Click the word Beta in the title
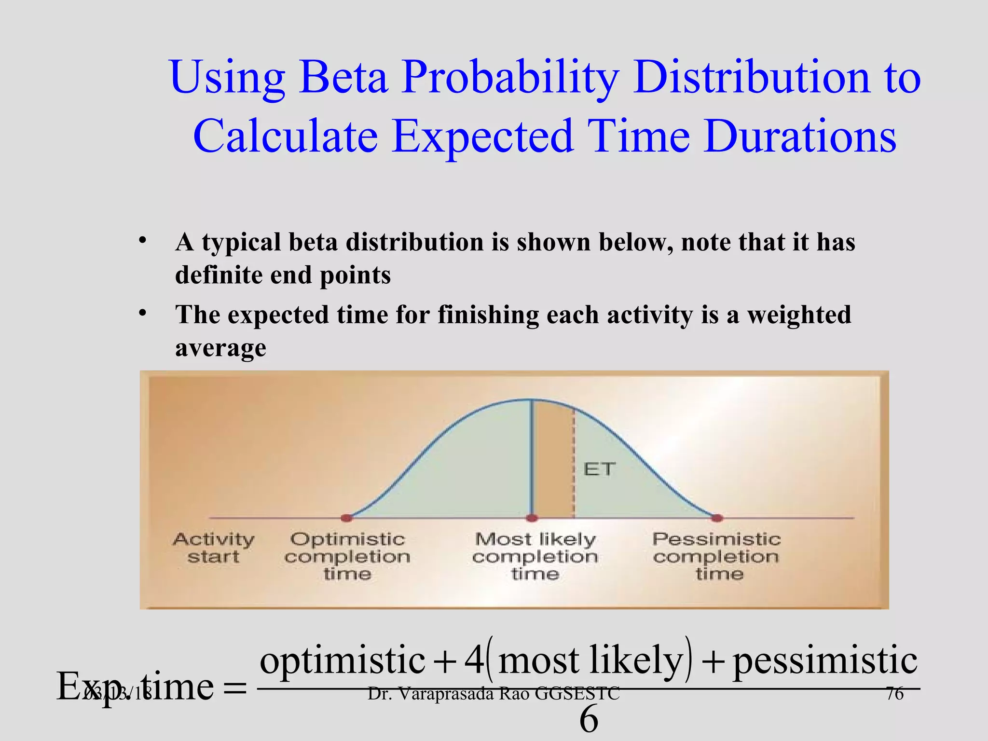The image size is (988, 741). tap(343, 77)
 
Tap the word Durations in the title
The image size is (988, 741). tap(799, 136)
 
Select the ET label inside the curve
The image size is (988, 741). tap(599, 469)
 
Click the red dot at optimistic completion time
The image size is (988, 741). tap(346, 518)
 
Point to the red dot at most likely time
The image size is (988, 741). tap(532, 518)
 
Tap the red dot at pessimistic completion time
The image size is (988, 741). tap(717, 518)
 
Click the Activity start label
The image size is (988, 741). tap(213, 548)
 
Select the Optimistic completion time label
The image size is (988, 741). tap(347, 556)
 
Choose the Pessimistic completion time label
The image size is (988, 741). tap(716, 556)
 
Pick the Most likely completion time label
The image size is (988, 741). tap(535, 556)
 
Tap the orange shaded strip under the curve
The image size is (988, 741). tap(553, 463)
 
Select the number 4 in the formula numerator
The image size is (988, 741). tap(474, 660)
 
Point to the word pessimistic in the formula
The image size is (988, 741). tap(825, 661)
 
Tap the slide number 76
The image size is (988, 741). tap(895, 694)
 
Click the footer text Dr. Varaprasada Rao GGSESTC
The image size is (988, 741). tap(493, 694)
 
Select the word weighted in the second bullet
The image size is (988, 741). tap(799, 315)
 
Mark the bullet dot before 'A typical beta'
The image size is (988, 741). tap(142, 241)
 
